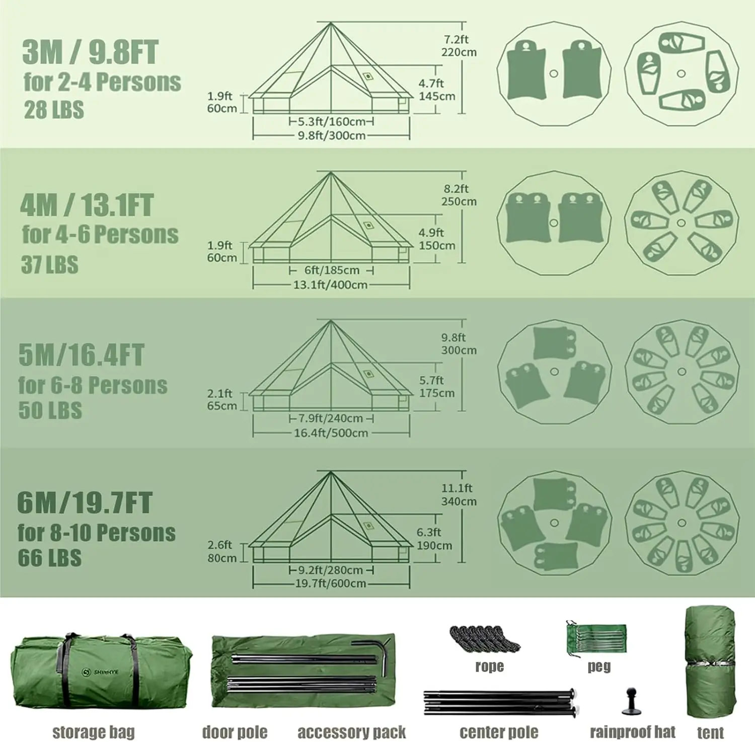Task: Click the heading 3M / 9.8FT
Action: pos(90,52)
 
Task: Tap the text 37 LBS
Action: pos(49,265)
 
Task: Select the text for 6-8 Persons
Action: pos(93,386)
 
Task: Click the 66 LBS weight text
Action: pos(49,558)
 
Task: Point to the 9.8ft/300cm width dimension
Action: pos(331,135)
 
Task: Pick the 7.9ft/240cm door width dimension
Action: pos(330,418)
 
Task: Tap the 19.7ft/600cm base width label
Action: pos(330,583)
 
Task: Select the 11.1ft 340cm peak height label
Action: pos(458,494)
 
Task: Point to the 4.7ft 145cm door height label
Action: pos(436,90)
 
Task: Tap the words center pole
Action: pos(498,731)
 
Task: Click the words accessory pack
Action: pos(351,732)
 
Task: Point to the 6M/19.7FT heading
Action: pos(84,502)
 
